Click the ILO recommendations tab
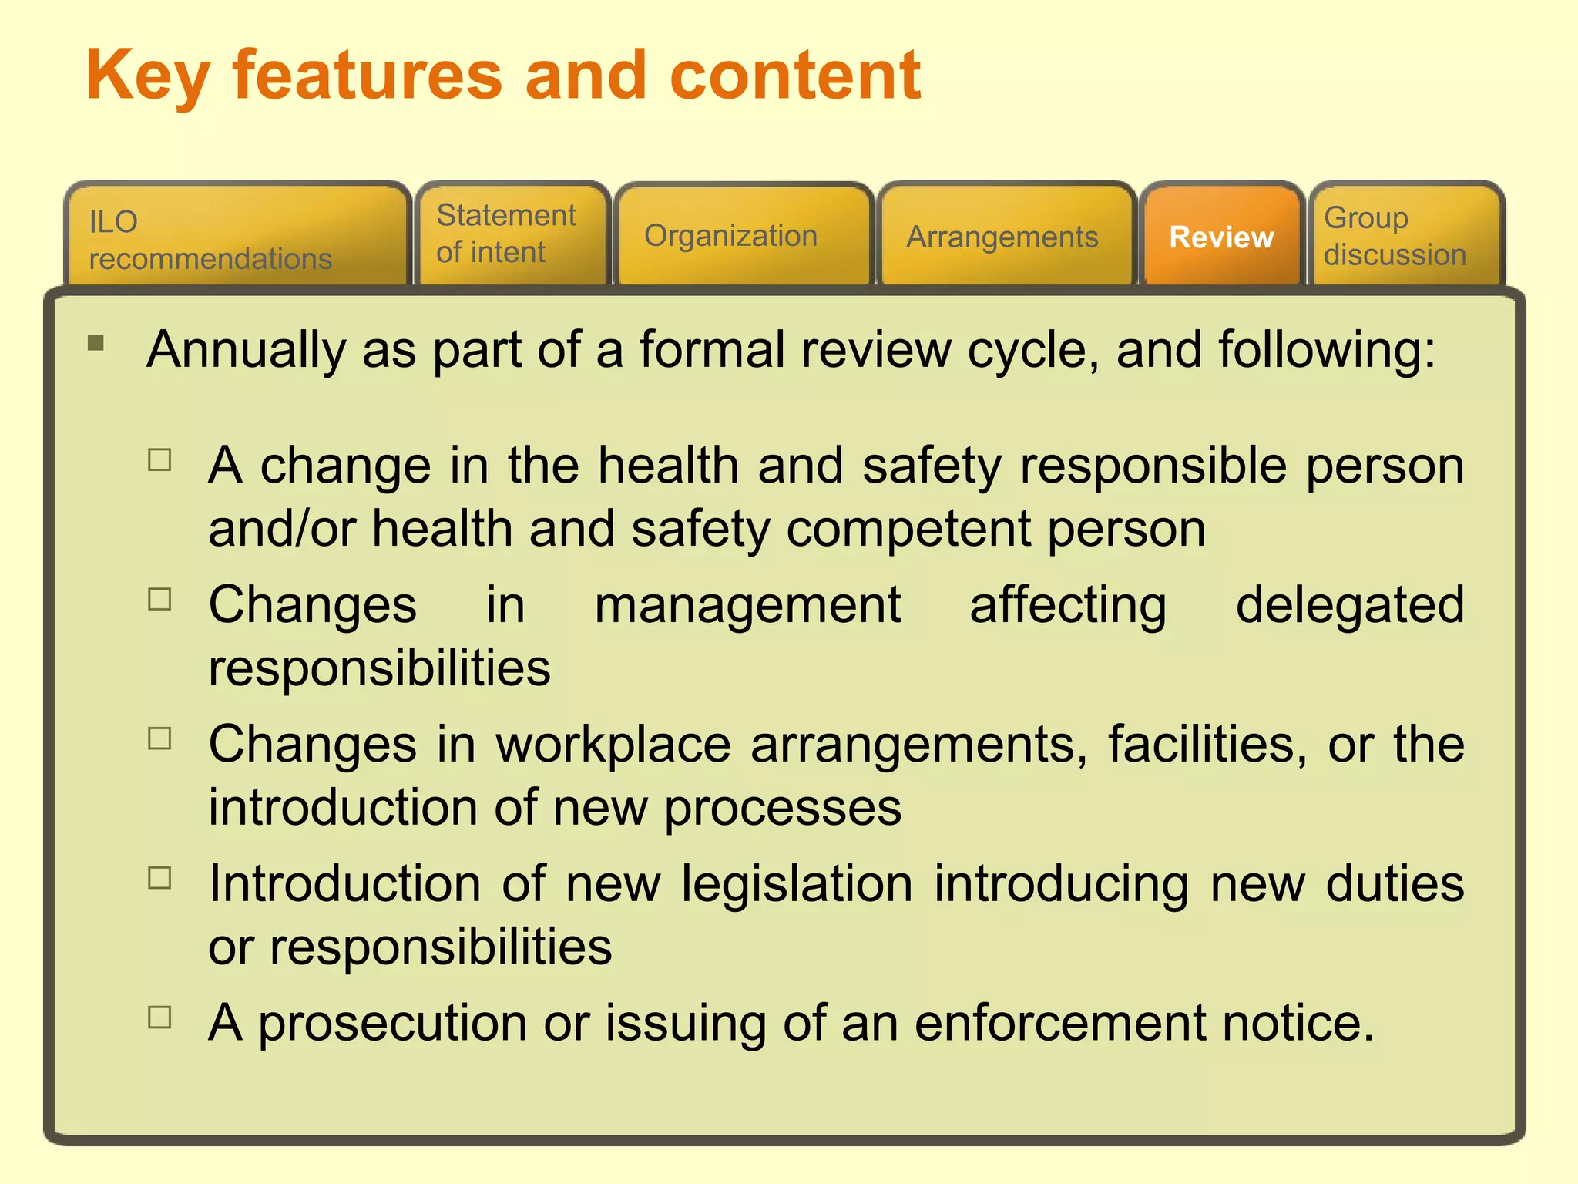tap(237, 237)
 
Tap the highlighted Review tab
tap(1221, 237)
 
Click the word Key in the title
tap(147, 76)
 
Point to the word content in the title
tap(795, 76)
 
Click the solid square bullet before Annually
tap(96, 342)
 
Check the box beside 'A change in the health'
tap(159, 460)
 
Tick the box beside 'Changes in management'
tap(159, 599)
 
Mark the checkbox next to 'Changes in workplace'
tap(159, 738)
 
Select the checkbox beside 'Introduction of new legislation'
tap(159, 878)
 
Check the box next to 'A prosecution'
tap(159, 1017)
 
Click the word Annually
tap(247, 351)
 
